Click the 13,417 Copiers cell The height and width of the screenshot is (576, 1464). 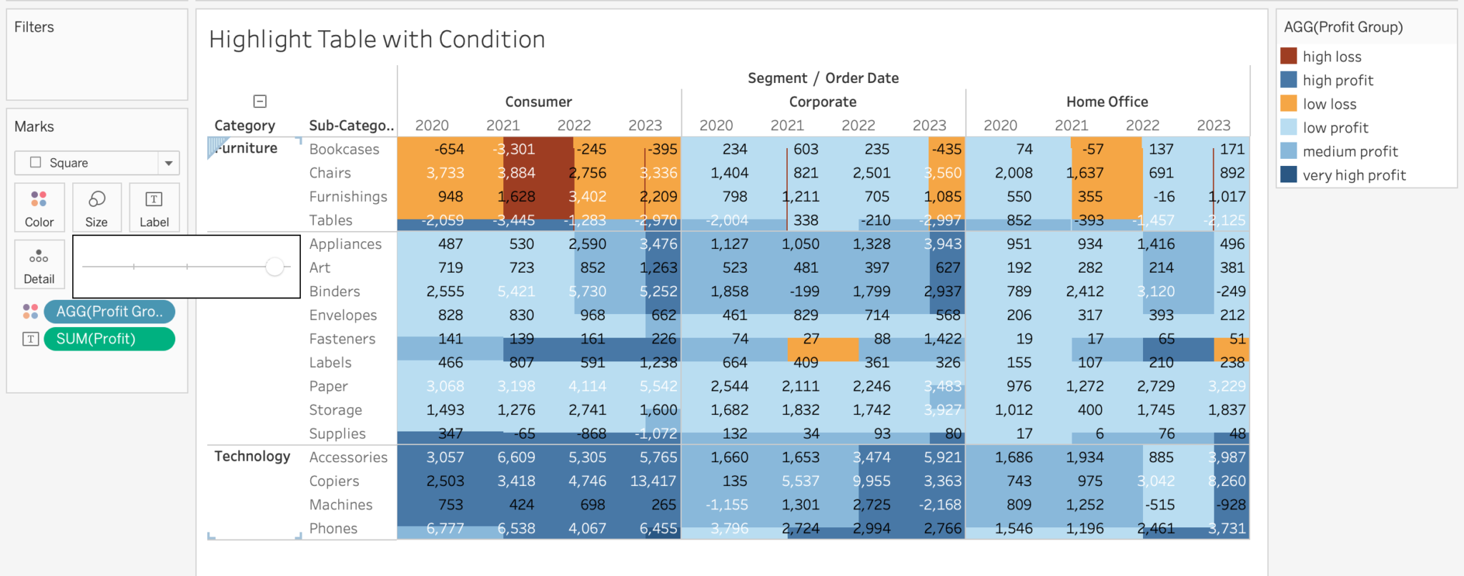pos(652,481)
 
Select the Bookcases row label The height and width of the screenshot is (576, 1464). pos(344,149)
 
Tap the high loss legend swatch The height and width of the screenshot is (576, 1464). pos(1289,57)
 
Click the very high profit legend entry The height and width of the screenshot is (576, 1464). pos(1353,175)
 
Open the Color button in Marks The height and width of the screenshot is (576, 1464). pos(39,207)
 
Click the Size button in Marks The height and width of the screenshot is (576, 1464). pos(97,207)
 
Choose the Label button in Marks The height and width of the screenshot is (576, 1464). pos(154,207)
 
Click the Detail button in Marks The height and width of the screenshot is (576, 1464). pos(39,265)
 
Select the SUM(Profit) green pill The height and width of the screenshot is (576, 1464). pos(109,338)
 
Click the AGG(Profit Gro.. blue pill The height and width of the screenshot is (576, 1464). pos(109,311)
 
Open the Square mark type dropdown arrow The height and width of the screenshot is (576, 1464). pos(169,163)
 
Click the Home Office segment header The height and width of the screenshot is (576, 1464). pos(1107,102)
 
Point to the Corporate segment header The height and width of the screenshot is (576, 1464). pos(822,102)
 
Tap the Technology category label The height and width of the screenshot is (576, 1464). pos(252,457)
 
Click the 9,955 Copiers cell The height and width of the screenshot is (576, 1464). pos(871,481)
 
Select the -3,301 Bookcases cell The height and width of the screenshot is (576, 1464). pos(514,149)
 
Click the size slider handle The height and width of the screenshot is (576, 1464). pos(274,267)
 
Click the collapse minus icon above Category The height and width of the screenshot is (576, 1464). pos(260,102)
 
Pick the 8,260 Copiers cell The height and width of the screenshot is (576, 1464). pos(1227,481)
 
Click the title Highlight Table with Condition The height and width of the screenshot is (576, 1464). pos(377,39)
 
